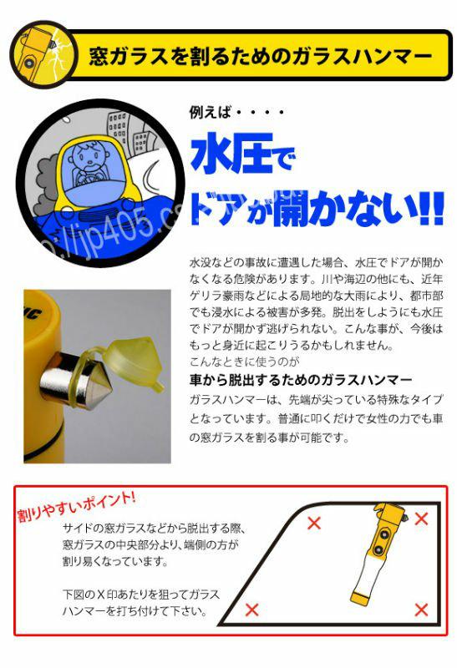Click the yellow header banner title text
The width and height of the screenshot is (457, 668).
[261, 56]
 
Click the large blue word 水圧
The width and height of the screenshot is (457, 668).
[231, 153]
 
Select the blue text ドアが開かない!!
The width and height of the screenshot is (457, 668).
[317, 208]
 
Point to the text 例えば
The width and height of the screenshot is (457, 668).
[211, 113]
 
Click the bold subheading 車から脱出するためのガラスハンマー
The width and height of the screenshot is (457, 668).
[301, 380]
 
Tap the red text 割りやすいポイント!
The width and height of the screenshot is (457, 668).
[76, 506]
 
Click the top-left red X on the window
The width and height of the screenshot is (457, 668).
[314, 523]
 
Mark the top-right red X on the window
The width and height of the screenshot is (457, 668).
[421, 519]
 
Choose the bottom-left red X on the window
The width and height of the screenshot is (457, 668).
[252, 610]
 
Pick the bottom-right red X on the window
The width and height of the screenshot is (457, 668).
[421, 610]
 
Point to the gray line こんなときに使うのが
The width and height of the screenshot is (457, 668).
[244, 362]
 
